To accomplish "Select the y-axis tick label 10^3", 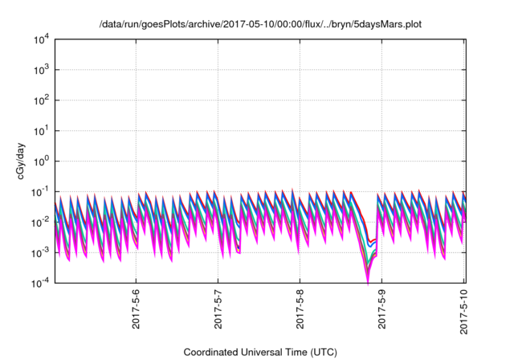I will (42, 70).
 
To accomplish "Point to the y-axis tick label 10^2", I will (42, 100).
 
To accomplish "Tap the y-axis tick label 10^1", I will (42, 131).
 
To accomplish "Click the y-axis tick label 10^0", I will (42, 161).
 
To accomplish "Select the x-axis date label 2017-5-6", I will (136, 309).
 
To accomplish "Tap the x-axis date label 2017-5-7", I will (218, 309).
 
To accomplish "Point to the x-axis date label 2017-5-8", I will (300, 309).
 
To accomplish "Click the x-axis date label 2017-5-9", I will (382, 309).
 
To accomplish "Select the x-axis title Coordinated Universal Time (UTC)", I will (260, 352).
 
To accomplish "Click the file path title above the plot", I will (260, 25).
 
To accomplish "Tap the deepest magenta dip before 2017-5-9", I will (368, 282).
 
